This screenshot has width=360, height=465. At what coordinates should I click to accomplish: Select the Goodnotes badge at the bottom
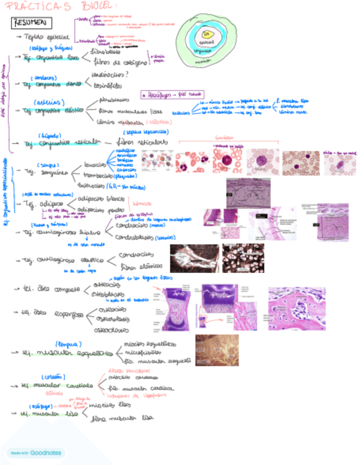[36, 453]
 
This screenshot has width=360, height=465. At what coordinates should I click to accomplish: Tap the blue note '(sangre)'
[47, 165]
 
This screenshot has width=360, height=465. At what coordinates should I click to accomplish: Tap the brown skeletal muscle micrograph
[217, 350]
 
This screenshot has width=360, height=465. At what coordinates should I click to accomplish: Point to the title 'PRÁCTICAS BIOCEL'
[65, 6]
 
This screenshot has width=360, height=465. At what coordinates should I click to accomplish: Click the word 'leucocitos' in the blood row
[99, 164]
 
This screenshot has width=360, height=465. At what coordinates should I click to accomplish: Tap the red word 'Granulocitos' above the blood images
[224, 137]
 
